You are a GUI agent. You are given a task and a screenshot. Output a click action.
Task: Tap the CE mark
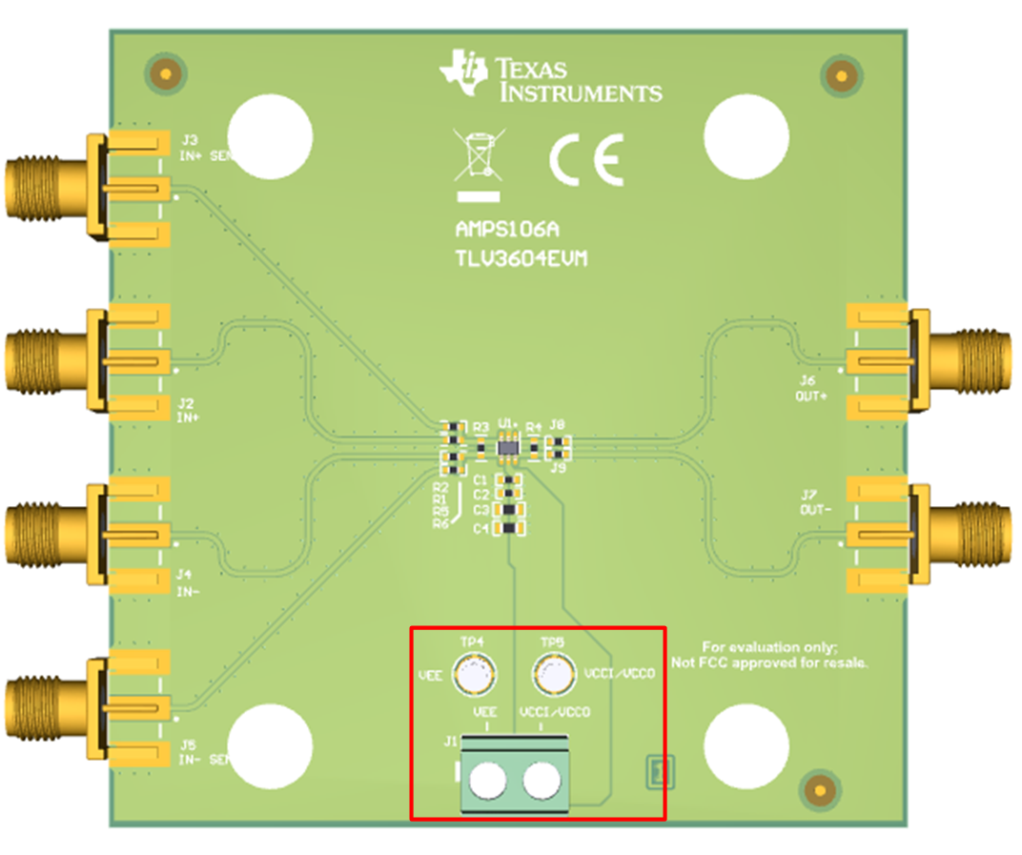(586, 159)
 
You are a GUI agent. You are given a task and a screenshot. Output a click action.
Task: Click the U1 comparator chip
(509, 445)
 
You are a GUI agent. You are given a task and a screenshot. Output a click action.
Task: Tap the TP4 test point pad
(473, 675)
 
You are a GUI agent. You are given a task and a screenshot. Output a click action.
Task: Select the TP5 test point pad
(553, 675)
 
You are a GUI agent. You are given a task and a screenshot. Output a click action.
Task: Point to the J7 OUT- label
(816, 501)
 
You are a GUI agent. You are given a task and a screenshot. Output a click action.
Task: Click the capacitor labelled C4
(510, 528)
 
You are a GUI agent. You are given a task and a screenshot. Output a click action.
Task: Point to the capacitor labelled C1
(511, 480)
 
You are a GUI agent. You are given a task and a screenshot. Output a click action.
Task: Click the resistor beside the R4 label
(535, 444)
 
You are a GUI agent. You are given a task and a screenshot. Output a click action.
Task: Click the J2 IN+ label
(186, 410)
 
